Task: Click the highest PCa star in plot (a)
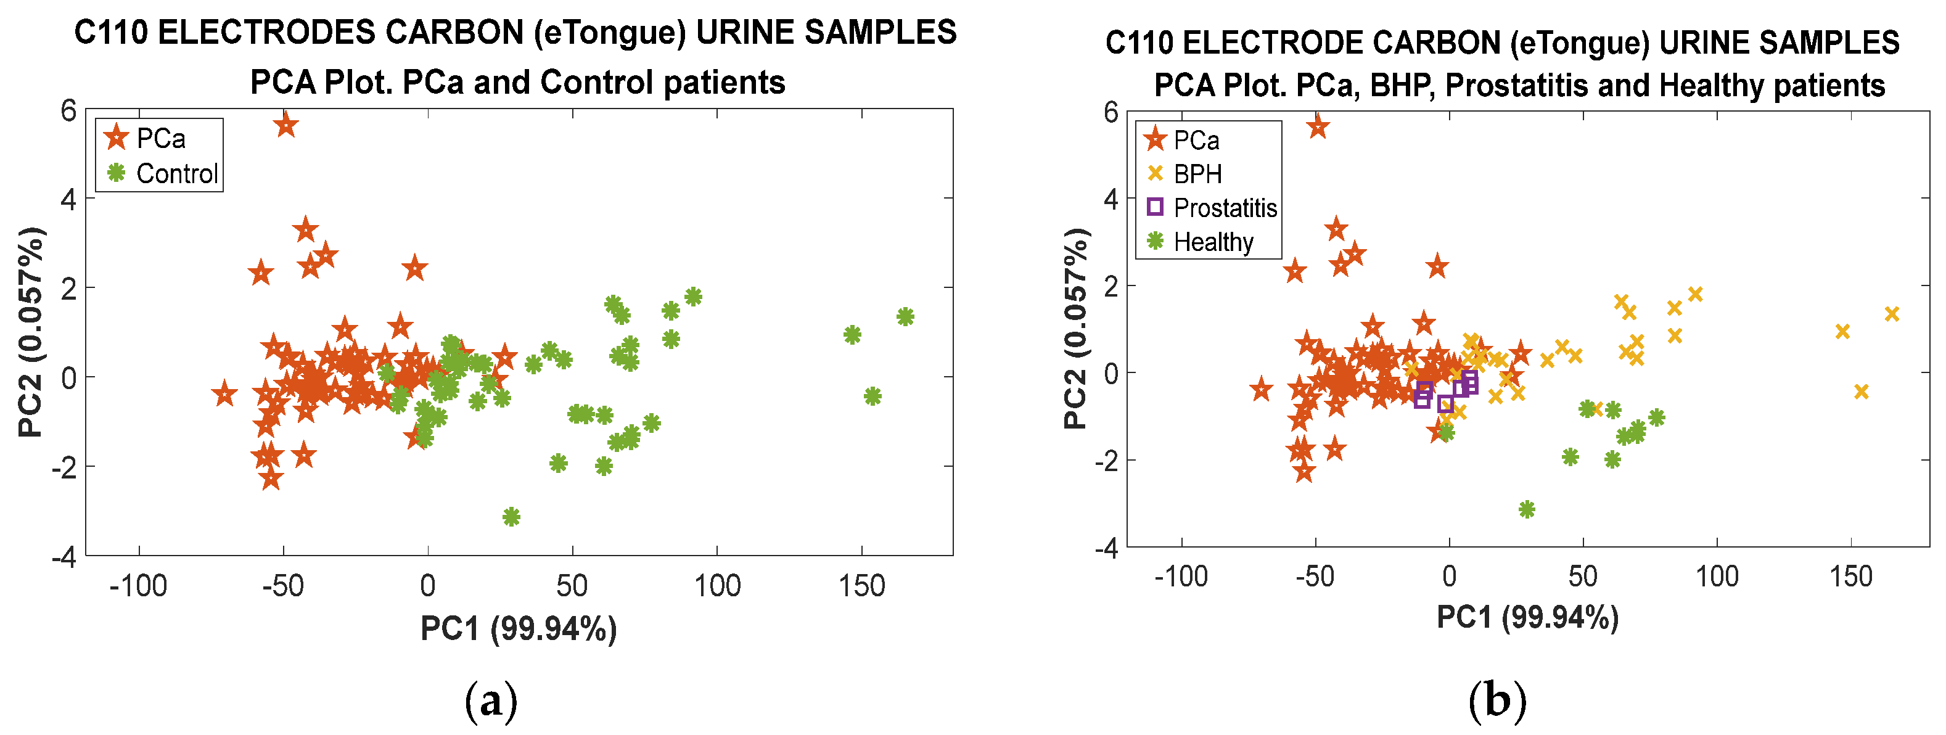click(x=285, y=125)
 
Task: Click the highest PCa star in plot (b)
click(x=1318, y=127)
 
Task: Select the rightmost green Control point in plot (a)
click(x=905, y=316)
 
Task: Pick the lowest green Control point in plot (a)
click(x=511, y=517)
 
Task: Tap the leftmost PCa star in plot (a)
click(x=224, y=393)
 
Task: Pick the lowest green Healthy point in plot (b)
click(x=1527, y=509)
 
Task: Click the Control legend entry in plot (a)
click(x=176, y=174)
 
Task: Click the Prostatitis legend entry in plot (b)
click(x=1224, y=208)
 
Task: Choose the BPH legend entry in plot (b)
click(x=1197, y=175)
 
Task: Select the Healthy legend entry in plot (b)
click(x=1212, y=242)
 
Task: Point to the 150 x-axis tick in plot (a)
click(x=861, y=585)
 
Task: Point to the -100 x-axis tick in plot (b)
click(x=1181, y=577)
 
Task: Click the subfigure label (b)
click(x=1496, y=700)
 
